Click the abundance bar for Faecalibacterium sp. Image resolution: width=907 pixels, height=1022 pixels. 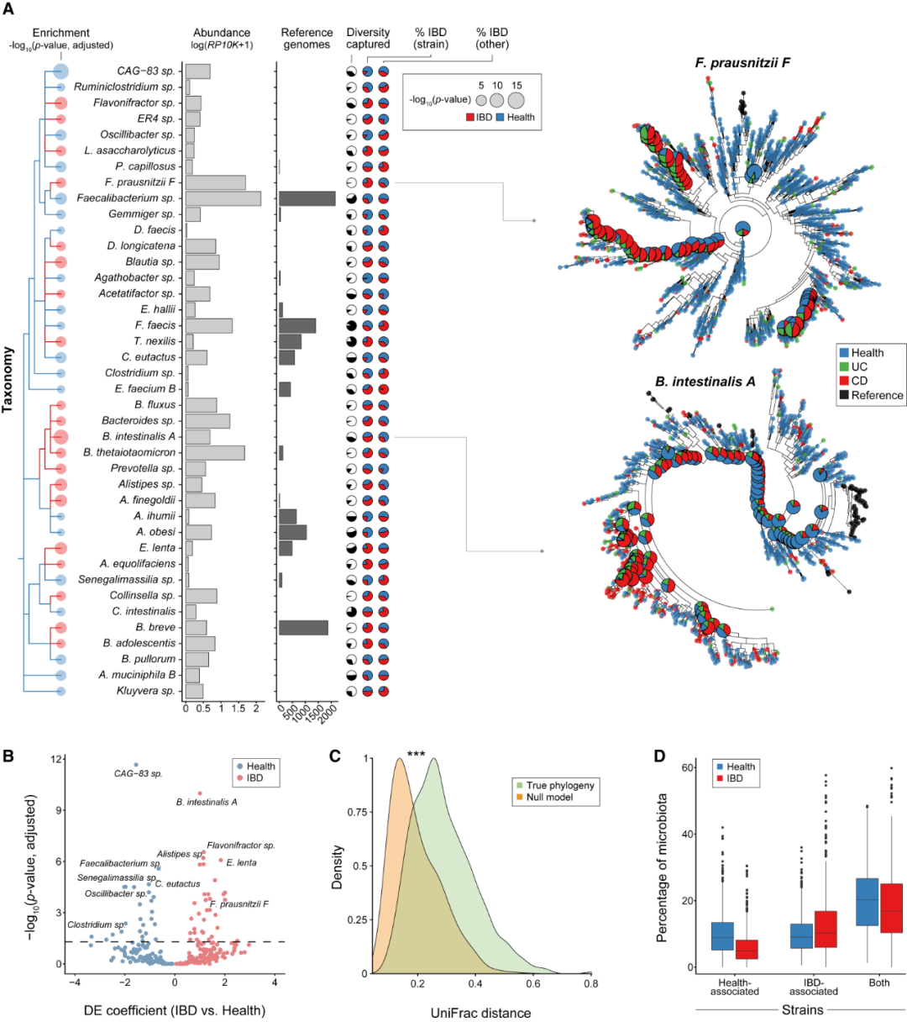click(223, 198)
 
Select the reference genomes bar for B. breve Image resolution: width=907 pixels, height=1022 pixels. click(303, 628)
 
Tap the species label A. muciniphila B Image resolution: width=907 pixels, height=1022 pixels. click(137, 675)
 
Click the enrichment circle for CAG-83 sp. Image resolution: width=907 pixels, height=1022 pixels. click(60, 71)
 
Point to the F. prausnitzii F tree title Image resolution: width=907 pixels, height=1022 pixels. click(742, 63)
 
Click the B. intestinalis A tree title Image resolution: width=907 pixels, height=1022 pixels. click(705, 382)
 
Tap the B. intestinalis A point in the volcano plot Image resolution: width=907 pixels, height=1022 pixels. click(200, 793)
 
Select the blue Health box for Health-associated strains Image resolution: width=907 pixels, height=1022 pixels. click(721, 936)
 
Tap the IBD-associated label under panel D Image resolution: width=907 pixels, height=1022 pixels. click(813, 987)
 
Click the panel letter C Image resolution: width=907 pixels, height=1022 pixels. click(335, 755)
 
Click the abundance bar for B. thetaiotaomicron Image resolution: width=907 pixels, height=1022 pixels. click(215, 453)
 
